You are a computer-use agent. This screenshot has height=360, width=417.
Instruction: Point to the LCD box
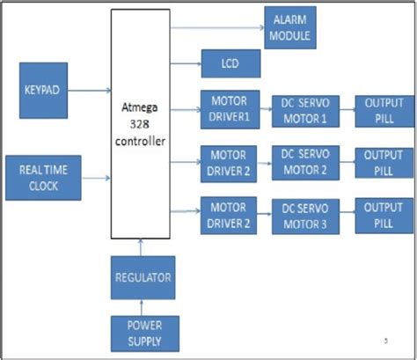tap(230, 63)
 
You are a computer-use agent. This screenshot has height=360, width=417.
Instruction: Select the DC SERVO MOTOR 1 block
tap(304, 109)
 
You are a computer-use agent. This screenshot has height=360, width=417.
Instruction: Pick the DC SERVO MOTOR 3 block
tap(304, 215)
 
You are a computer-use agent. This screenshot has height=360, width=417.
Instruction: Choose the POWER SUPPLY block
tap(143, 333)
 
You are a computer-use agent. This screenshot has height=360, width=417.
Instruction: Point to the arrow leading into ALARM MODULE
tap(215, 27)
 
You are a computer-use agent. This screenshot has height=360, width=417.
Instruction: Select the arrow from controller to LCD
tap(185, 63)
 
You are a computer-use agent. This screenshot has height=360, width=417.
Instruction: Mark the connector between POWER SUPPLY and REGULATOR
tap(143, 307)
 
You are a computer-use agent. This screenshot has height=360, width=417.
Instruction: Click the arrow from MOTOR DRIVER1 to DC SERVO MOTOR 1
tap(265, 109)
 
